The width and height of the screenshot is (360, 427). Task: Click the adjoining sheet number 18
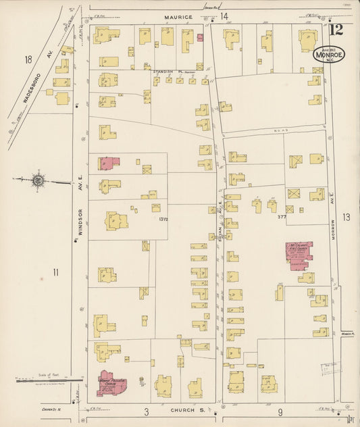pyautogui.click(x=28, y=60)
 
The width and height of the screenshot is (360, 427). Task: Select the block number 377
pyautogui.click(x=282, y=217)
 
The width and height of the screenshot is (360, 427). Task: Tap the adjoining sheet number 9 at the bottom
pyautogui.click(x=279, y=411)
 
